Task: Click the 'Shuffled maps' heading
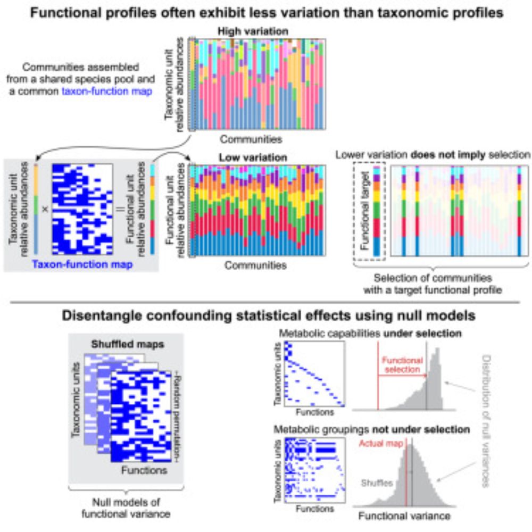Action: coord(127,344)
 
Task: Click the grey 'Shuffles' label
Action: coord(377,483)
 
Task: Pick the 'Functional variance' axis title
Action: coord(405,516)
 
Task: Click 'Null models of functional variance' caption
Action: coord(112,509)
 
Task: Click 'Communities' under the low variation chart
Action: coord(255,264)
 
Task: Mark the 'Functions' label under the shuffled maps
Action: coord(144,470)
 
